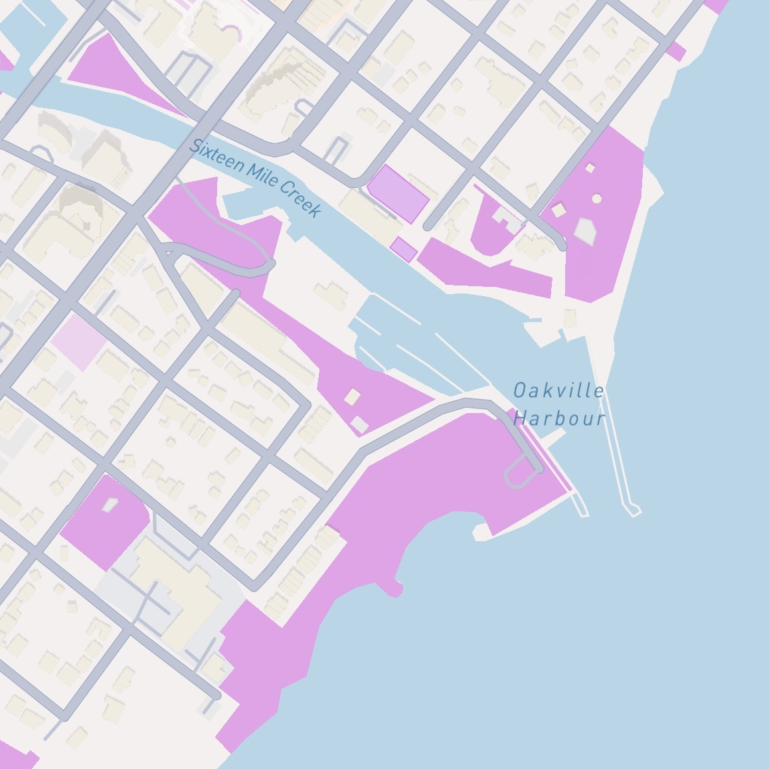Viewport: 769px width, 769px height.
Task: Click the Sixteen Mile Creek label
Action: tap(256, 178)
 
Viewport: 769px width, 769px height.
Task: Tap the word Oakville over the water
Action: tap(558, 390)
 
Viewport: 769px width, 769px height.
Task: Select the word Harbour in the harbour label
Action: tap(560, 418)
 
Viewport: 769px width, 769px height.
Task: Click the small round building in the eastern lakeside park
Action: tap(596, 199)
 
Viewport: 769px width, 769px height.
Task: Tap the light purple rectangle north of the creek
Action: tap(397, 193)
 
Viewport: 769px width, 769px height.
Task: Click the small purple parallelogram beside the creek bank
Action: tap(403, 250)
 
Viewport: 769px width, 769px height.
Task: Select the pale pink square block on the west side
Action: tap(79, 338)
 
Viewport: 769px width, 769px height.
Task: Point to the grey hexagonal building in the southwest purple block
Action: tap(109, 505)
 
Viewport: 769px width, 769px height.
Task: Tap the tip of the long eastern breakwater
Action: tap(634, 510)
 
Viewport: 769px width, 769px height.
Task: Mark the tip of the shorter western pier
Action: tap(582, 511)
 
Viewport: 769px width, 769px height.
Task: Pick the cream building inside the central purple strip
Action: tap(352, 397)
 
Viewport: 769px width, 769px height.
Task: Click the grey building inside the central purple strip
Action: tap(359, 424)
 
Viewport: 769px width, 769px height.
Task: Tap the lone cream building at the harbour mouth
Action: tap(570, 319)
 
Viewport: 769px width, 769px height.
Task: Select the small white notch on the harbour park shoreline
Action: tap(481, 531)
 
